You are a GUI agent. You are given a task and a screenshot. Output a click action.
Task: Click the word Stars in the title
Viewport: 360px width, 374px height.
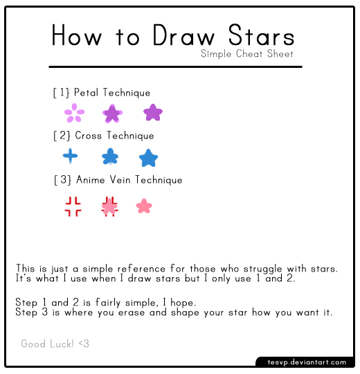(x=261, y=35)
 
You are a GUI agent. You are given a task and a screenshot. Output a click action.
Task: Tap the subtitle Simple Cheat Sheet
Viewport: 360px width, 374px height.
(x=246, y=53)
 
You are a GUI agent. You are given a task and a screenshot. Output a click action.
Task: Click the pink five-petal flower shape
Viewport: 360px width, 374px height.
(x=74, y=113)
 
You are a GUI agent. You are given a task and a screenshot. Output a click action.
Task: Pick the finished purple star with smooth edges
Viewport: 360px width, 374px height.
(x=153, y=112)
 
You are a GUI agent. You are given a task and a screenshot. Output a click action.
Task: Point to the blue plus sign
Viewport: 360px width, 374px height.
(x=70, y=157)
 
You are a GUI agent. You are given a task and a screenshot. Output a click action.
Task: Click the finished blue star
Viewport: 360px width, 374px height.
(x=148, y=158)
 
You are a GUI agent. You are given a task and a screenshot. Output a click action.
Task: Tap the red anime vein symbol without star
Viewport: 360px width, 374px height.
(x=73, y=206)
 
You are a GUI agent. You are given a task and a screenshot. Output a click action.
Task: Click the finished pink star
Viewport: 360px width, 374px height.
(x=144, y=206)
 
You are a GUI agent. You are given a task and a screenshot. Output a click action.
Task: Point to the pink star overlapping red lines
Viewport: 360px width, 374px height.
(x=109, y=206)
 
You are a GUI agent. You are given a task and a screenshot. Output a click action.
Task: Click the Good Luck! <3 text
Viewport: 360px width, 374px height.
(x=55, y=344)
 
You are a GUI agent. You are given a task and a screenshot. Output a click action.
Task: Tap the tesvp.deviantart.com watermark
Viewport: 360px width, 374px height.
(x=307, y=362)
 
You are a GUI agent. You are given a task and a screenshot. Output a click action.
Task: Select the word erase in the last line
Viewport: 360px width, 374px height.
(x=132, y=312)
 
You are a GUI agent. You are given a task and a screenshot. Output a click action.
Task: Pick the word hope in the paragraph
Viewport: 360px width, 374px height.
(x=181, y=303)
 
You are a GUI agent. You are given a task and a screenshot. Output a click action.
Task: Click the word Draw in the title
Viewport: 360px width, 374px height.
(x=183, y=35)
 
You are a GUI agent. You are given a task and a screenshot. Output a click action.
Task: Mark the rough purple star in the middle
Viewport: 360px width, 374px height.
(x=112, y=114)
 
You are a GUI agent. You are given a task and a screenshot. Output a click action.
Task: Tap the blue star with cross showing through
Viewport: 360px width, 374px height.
(x=110, y=157)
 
